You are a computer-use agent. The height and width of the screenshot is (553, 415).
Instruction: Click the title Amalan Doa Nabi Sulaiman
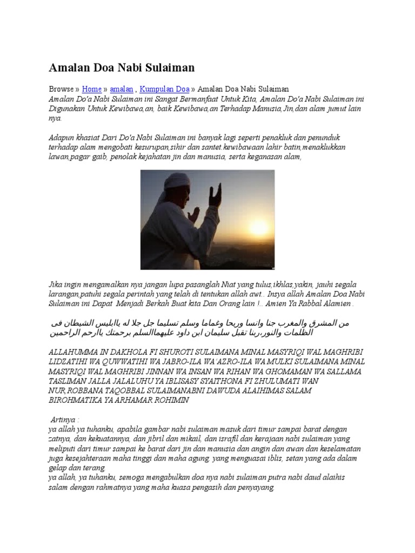[122, 68]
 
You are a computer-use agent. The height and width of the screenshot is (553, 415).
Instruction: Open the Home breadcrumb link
[92, 89]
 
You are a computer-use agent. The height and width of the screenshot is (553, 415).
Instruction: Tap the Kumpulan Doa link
[165, 89]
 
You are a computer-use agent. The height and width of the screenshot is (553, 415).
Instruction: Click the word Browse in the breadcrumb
[61, 89]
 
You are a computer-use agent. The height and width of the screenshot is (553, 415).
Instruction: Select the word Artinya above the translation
[65, 420]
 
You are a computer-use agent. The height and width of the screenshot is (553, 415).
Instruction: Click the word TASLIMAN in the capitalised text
[68, 381]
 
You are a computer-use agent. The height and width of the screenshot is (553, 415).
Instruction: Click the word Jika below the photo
[56, 284]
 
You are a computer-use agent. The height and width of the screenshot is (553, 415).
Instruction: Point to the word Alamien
[336, 304]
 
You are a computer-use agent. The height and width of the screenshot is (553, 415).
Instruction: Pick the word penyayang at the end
[255, 488]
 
